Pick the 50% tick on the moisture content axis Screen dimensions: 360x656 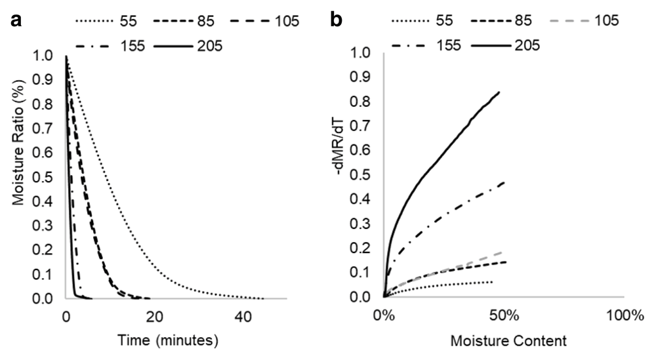click(x=503, y=315)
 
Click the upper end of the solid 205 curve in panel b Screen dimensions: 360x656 click(x=500, y=92)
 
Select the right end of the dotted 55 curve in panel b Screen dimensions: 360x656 click(x=493, y=282)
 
